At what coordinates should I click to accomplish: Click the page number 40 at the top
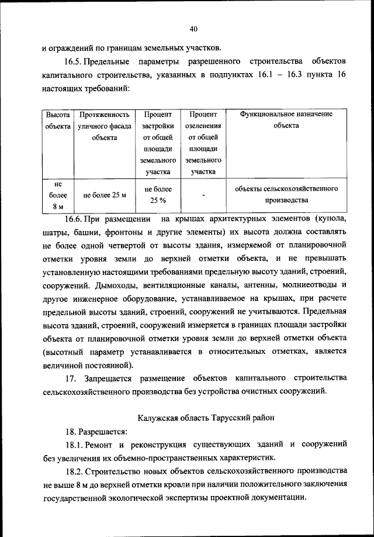pos(194,29)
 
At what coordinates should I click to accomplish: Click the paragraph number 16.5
pos(74,61)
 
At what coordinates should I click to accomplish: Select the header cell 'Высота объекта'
pos(58,120)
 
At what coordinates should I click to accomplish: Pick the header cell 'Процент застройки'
pos(158,143)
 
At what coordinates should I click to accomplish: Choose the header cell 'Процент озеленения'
pos(202,143)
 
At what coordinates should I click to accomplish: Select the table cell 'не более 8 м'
pos(58,195)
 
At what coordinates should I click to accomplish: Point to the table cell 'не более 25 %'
pos(158,195)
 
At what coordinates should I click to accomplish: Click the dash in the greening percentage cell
pos(202,195)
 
